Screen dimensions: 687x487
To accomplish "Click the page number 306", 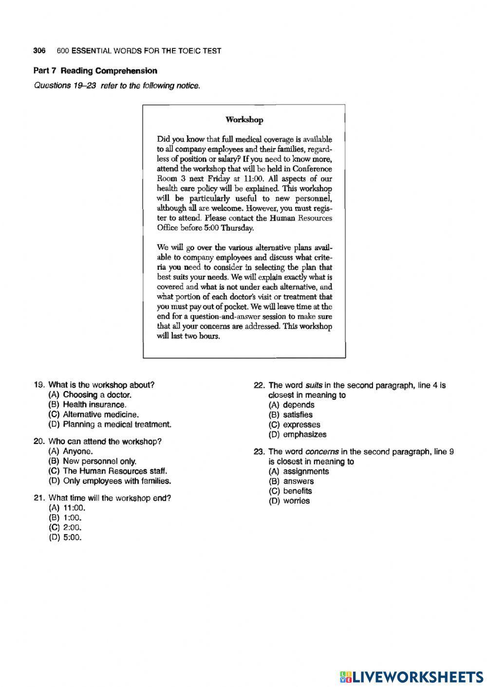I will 39,51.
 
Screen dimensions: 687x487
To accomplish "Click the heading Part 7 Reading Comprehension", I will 95,71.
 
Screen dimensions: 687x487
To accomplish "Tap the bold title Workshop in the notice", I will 244,120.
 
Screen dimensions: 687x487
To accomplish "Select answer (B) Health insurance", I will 88,405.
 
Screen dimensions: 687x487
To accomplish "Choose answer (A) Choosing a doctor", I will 90,395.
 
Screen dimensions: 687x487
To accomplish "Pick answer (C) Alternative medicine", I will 94,414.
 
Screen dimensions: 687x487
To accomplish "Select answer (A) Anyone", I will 71,451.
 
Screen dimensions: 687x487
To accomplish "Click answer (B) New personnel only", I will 93,461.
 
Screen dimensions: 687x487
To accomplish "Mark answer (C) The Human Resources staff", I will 108,471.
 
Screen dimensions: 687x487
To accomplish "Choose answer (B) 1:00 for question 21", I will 66,518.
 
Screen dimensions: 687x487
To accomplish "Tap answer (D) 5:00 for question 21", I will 66,538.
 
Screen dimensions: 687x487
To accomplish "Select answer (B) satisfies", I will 291,415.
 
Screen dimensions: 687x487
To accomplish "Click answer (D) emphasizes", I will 298,434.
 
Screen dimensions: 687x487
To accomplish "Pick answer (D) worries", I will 289,501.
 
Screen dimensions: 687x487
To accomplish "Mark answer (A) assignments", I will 299,471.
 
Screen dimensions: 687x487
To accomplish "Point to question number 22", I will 259,385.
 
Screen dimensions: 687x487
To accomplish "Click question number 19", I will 39,385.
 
